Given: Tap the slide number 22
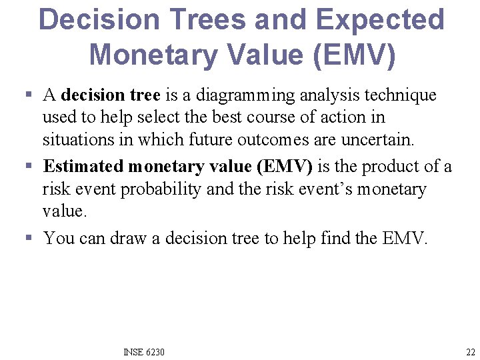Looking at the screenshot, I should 471,352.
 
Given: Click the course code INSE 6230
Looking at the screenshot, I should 144,352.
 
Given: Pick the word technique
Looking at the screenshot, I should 403,95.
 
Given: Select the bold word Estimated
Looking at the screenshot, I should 83,166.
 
